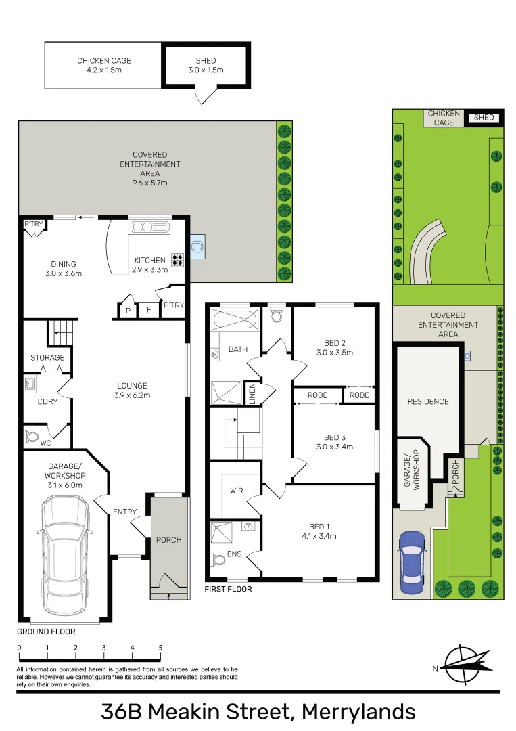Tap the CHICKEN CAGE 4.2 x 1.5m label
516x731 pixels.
(103, 65)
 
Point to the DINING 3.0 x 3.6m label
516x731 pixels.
(63, 269)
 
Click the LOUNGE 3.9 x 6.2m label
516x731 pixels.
(132, 391)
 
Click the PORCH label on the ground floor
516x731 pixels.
(168, 539)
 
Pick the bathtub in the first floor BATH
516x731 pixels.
(235, 318)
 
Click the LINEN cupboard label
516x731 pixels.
(252, 394)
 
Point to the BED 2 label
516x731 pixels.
(334, 348)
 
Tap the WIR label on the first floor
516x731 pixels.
(236, 491)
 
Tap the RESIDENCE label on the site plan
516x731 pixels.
(427, 401)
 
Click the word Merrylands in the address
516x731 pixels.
(358, 711)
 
